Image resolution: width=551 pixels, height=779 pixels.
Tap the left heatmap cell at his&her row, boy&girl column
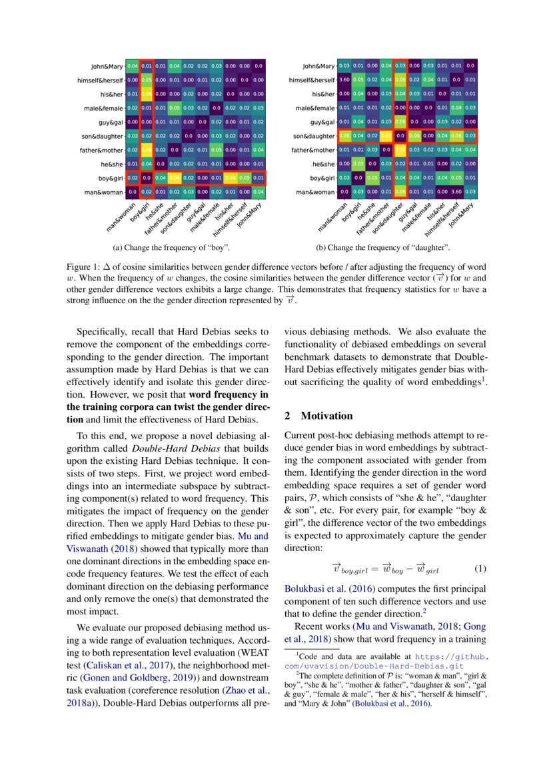tap(147, 94)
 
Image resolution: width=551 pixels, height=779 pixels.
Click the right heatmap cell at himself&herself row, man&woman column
tap(344, 80)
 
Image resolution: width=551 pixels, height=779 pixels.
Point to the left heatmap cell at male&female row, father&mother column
tap(175, 108)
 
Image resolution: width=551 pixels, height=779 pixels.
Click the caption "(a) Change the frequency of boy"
tap(172, 248)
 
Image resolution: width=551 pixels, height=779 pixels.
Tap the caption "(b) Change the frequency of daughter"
tap(382, 248)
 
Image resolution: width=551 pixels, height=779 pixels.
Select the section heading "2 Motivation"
tap(318, 416)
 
